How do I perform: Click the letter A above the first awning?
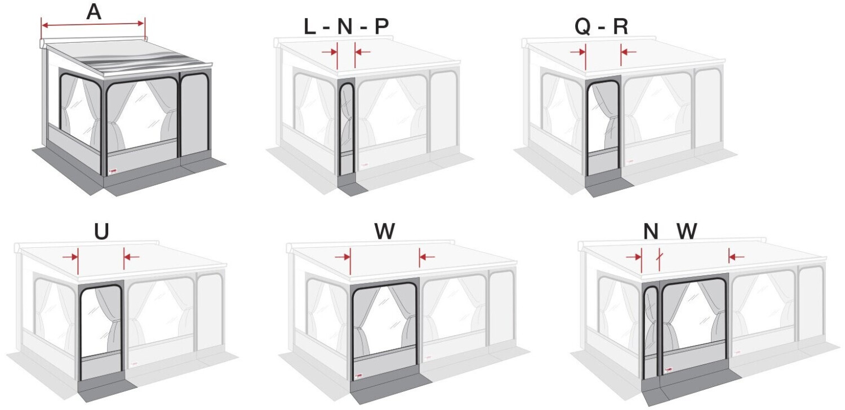tap(94, 12)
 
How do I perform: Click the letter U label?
tap(101, 231)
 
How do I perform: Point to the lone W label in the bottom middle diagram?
tap(384, 231)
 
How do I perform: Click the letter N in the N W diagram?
tap(651, 231)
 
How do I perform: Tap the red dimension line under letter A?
tap(93, 24)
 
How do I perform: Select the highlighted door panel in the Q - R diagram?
tap(603, 130)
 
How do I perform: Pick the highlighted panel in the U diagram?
tap(101, 332)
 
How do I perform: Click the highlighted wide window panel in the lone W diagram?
tap(384, 332)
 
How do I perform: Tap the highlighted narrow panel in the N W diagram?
tap(651, 332)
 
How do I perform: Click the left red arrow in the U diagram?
tap(70, 257)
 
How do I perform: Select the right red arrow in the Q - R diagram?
tap(628, 52)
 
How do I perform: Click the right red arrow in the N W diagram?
tap(736, 257)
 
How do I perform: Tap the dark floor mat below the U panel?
tap(104, 387)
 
